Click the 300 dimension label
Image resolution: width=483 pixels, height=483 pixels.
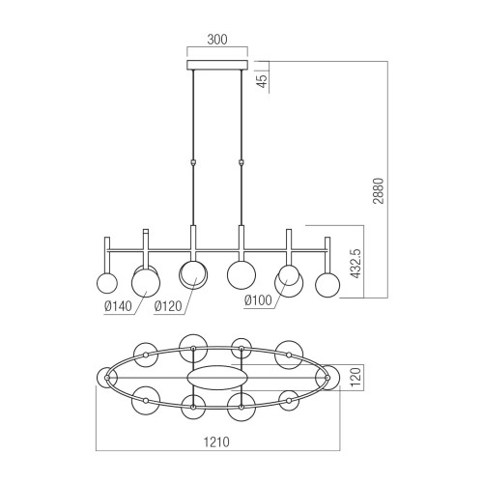pos(217,40)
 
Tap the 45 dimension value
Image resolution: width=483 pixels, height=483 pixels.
pos(263,81)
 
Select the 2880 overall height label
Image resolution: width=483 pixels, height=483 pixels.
pos(379,190)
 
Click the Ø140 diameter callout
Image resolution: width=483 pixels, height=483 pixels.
pos(118,306)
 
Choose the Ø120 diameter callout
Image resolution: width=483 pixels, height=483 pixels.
pos(168,306)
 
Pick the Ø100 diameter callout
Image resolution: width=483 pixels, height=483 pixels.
pos(258,300)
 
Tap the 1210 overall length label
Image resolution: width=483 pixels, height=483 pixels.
pos(216,442)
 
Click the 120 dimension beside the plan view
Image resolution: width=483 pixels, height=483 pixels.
pos(356,378)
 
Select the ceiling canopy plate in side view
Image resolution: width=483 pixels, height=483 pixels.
pos(217,64)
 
